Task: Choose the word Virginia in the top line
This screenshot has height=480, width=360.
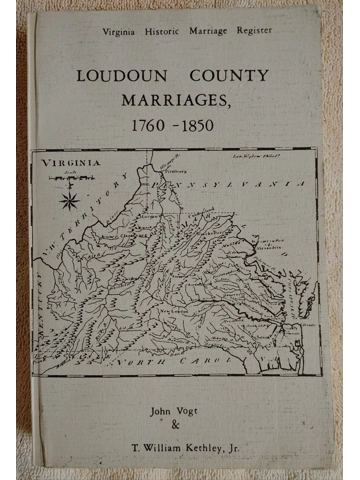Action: pyautogui.click(x=118, y=32)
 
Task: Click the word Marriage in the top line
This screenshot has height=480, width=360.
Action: pyautogui.click(x=204, y=32)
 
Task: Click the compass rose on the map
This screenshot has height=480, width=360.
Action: pyautogui.click(x=70, y=199)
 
